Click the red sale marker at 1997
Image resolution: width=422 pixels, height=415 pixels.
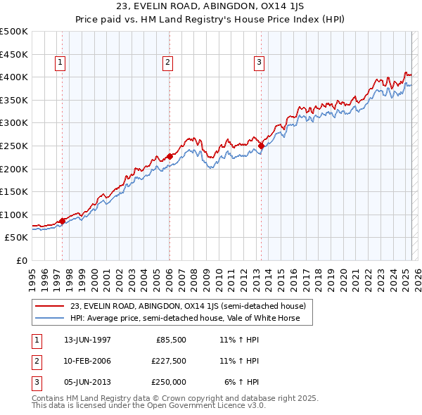[62, 221]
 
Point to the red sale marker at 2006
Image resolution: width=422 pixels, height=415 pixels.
[170, 156]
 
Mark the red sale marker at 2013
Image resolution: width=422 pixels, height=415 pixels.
[261, 146]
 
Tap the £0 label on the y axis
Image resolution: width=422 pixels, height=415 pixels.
[23, 261]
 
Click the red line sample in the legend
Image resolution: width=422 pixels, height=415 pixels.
[49, 307]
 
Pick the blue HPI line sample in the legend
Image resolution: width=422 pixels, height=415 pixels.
[49, 318]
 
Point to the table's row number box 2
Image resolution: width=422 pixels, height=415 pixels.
[35, 361]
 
